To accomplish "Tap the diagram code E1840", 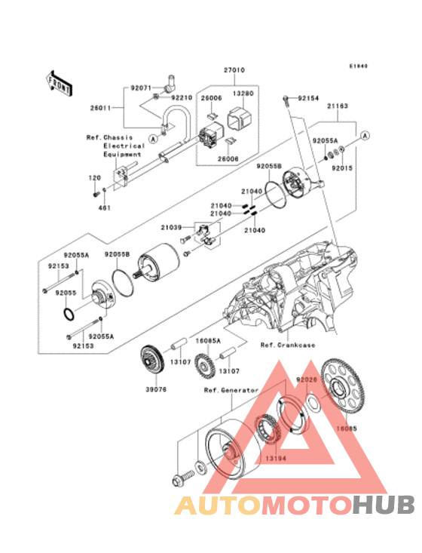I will click(357, 66).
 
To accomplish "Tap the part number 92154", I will click(308, 98).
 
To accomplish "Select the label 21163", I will click(337, 107).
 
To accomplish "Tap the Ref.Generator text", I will click(231, 390).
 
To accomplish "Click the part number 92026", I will click(307, 380).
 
